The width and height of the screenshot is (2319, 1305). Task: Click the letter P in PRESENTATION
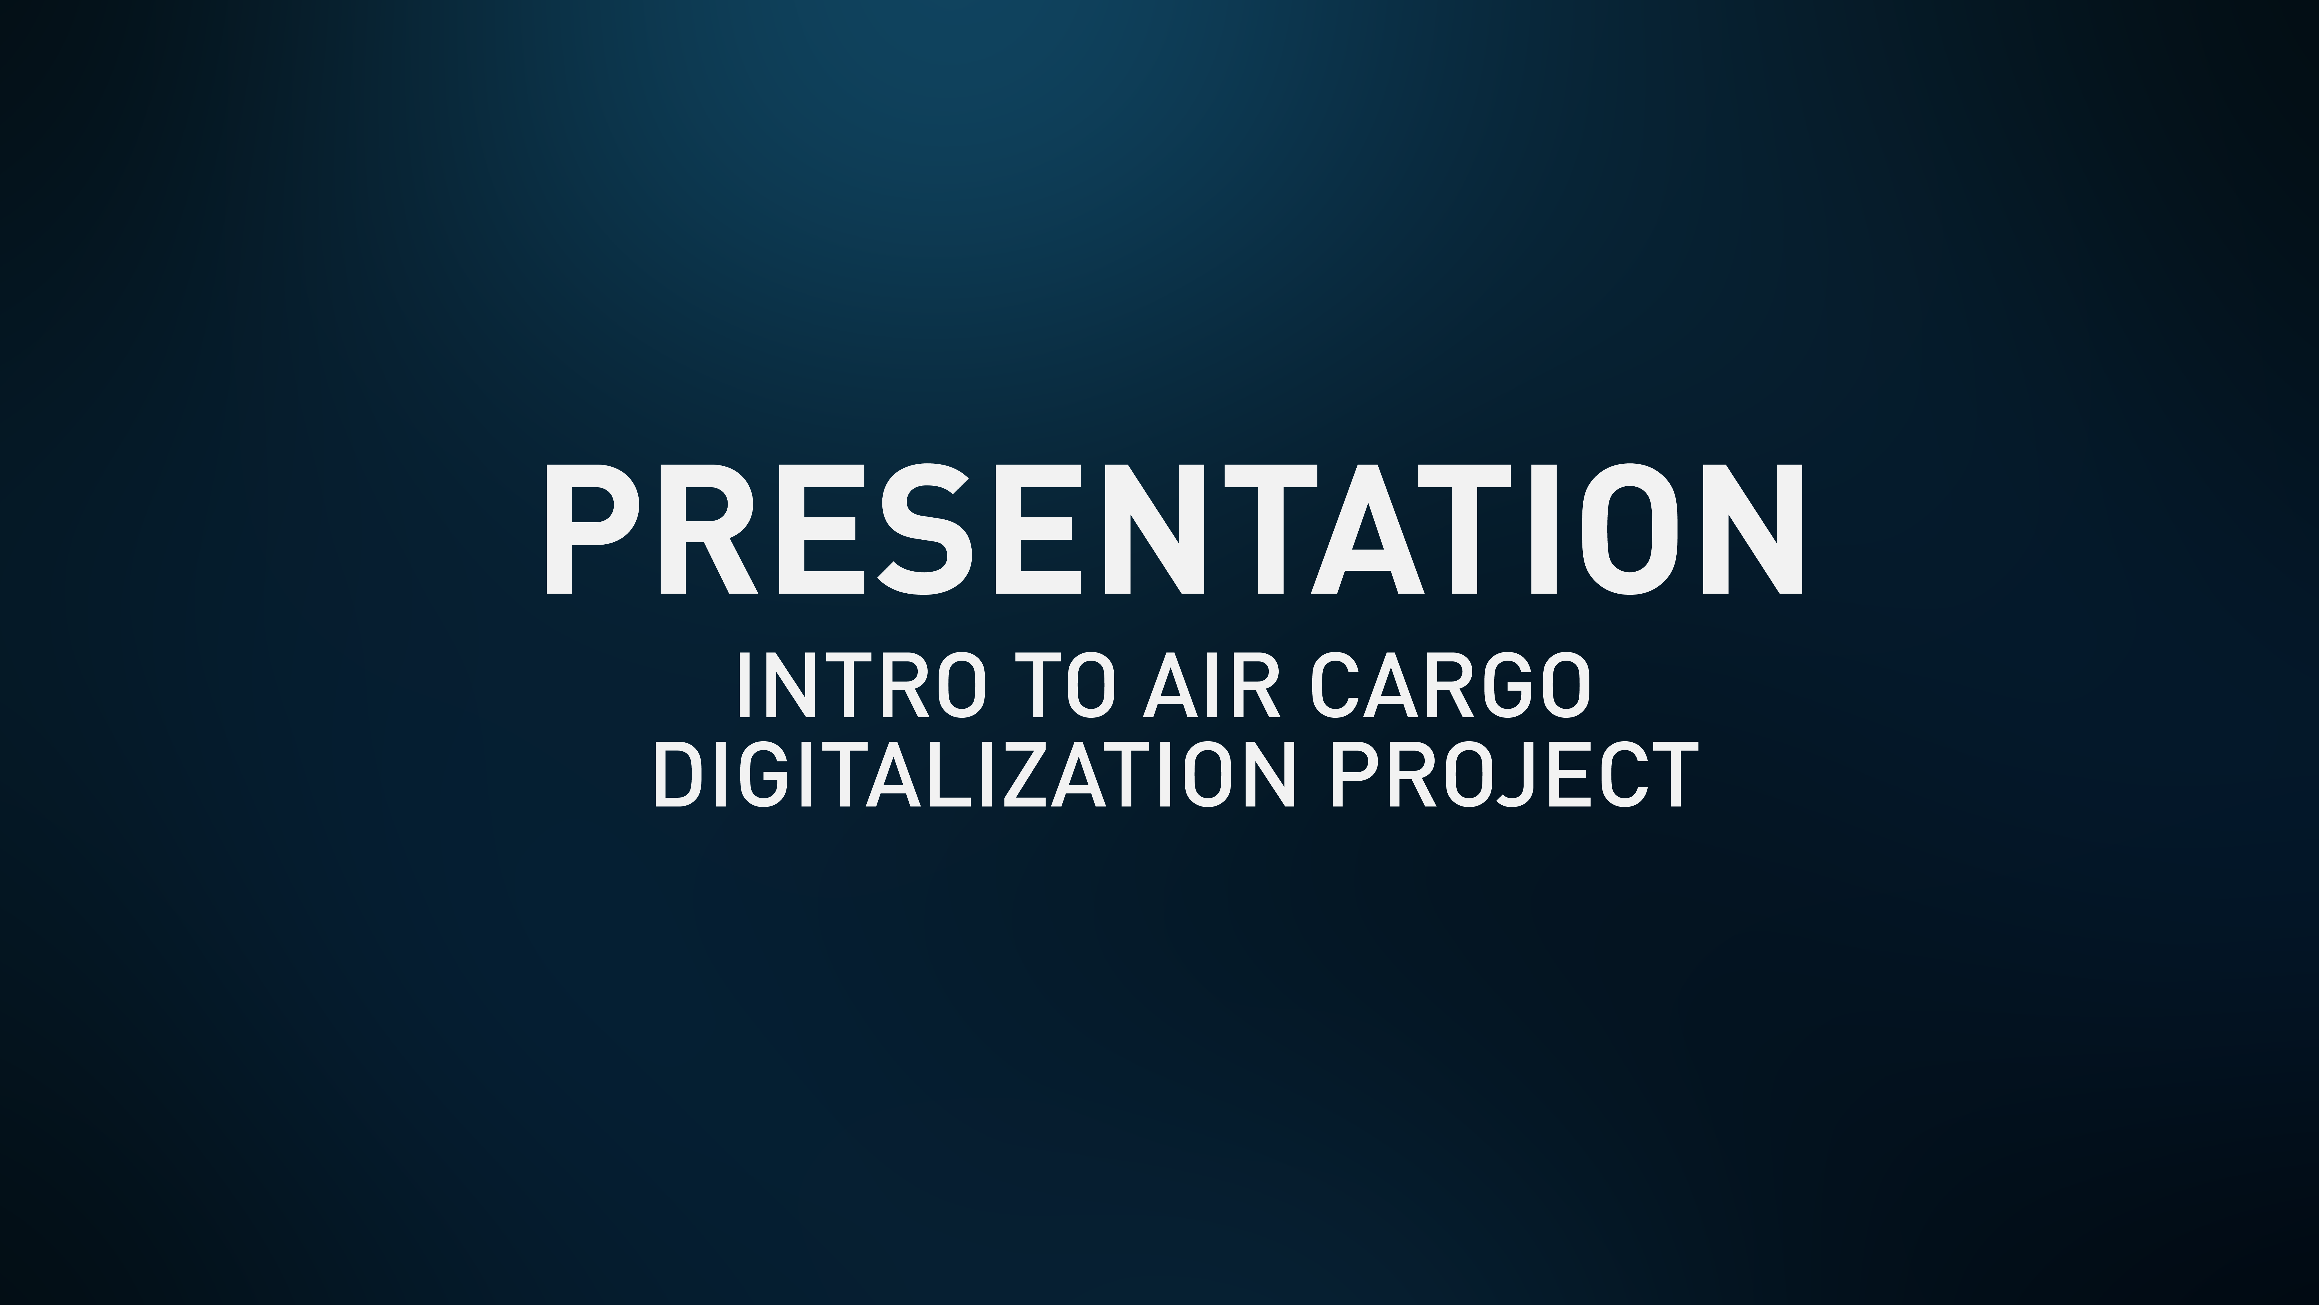coord(590,530)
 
